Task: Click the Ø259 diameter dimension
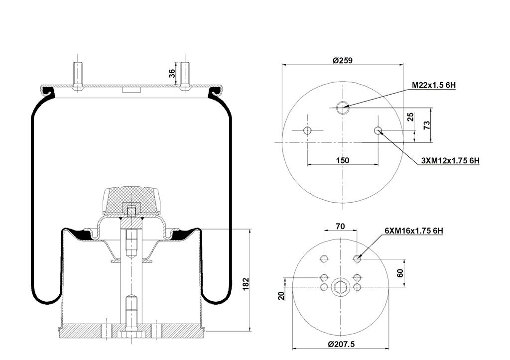(x=343, y=60)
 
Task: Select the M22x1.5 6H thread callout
(x=434, y=86)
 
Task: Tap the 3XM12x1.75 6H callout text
(x=450, y=160)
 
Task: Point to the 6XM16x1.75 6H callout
(x=414, y=231)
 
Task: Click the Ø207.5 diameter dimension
(x=341, y=344)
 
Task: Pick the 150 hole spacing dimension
(x=343, y=160)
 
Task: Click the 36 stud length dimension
(x=172, y=73)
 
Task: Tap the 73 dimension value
(x=427, y=125)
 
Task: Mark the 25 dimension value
(x=410, y=117)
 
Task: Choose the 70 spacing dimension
(x=340, y=226)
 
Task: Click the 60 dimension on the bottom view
(x=400, y=273)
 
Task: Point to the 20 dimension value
(x=282, y=295)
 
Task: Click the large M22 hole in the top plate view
(x=342, y=108)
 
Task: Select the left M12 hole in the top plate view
(x=307, y=131)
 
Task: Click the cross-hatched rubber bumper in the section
(x=130, y=199)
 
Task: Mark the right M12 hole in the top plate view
(x=378, y=131)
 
